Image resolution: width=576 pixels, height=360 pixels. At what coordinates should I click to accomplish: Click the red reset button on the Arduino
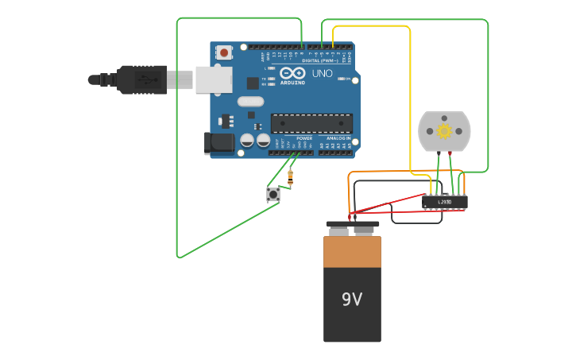(x=225, y=52)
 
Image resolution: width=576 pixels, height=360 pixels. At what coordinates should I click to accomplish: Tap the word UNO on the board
(x=322, y=74)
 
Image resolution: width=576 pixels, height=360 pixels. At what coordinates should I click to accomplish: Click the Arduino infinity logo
(x=292, y=73)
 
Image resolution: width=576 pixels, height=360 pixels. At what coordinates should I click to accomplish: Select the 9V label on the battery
(x=352, y=299)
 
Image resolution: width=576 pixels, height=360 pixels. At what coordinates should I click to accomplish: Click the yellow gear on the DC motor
(x=444, y=130)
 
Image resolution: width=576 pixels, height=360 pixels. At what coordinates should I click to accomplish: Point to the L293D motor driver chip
(x=444, y=202)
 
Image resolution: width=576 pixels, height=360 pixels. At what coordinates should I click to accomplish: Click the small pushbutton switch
(x=273, y=194)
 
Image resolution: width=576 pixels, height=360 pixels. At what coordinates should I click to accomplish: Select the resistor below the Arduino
(x=290, y=176)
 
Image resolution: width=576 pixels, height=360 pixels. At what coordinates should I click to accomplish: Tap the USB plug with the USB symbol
(x=143, y=79)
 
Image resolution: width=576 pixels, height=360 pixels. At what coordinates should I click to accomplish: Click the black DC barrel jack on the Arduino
(x=218, y=143)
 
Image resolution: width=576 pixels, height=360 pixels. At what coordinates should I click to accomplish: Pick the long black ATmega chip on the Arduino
(x=311, y=123)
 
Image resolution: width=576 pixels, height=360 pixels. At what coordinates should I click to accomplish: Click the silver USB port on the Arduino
(x=214, y=79)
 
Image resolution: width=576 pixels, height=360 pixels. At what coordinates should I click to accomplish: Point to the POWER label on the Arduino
(x=304, y=138)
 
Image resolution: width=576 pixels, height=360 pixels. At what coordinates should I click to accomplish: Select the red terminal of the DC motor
(x=450, y=153)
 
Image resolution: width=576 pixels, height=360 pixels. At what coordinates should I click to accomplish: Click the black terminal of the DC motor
(x=438, y=153)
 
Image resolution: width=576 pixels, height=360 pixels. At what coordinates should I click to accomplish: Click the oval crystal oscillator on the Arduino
(x=249, y=101)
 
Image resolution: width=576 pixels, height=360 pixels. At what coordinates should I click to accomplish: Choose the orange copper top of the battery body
(x=352, y=251)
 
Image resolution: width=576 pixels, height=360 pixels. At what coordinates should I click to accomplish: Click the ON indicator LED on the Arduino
(x=342, y=79)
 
